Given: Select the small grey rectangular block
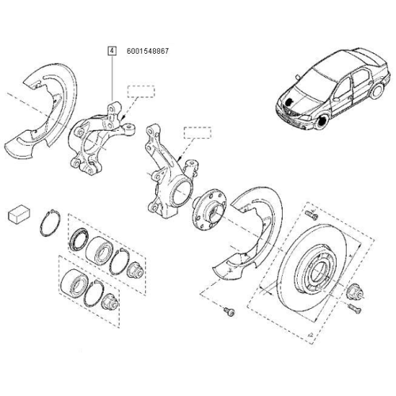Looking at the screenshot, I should point(20,215).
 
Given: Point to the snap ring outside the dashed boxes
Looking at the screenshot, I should point(48,224).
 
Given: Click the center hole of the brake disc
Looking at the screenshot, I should point(310,273).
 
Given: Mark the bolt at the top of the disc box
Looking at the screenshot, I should point(310,213).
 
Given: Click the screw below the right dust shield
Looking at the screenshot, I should point(229,311).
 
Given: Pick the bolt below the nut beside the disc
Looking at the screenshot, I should point(355,308).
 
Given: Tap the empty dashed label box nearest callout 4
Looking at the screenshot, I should point(143,90).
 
